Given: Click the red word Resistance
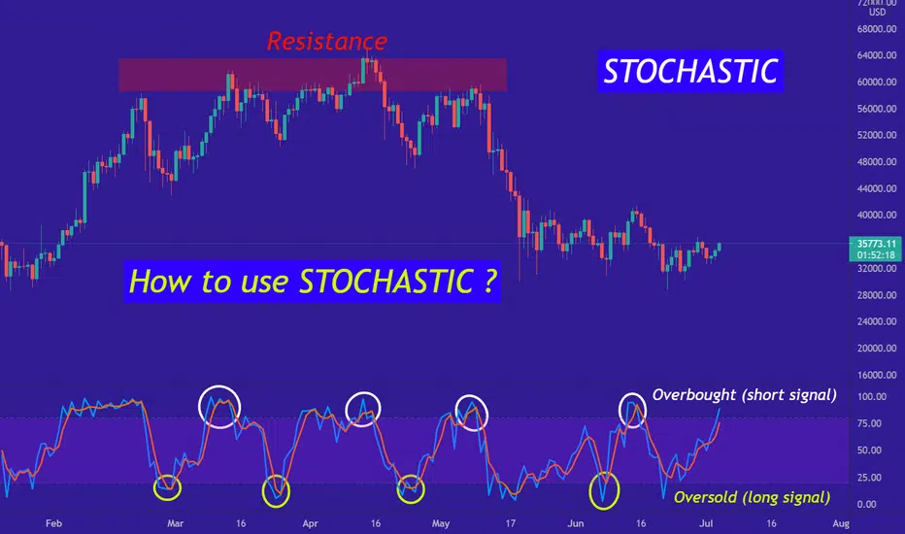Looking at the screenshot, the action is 326,41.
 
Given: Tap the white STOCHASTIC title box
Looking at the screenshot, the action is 690,72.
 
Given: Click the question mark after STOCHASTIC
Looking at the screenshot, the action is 488,282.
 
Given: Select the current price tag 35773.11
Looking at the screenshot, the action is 877,249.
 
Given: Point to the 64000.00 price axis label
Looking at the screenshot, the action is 877,55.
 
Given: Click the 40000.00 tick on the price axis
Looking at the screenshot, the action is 877,215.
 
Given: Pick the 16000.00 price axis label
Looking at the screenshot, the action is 877,375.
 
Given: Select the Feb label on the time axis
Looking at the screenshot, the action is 53,523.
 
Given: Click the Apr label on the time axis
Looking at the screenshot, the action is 311,523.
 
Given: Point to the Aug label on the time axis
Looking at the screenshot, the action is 841,523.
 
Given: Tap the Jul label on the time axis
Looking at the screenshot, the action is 706,523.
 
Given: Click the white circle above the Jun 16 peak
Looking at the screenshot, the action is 620,411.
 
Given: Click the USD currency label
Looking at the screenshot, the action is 877,12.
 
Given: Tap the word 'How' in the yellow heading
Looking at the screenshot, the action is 151,282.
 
